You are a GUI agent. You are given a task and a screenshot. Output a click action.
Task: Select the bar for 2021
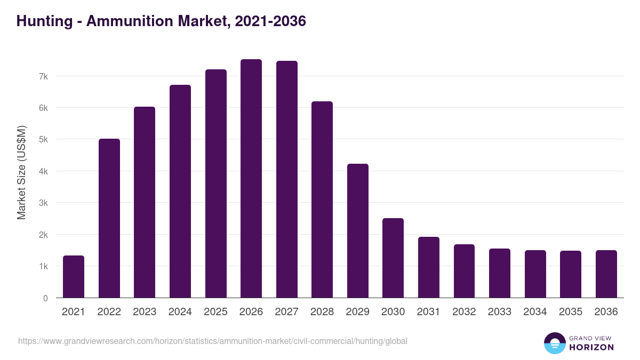(x=74, y=277)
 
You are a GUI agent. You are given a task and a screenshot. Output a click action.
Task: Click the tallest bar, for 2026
(x=251, y=179)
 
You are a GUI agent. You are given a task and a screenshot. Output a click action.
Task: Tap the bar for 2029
(x=357, y=231)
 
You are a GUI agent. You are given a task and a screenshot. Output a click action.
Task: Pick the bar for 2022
(x=109, y=218)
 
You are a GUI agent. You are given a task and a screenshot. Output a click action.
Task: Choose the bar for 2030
(x=393, y=258)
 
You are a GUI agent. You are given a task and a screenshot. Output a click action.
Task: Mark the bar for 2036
(x=606, y=274)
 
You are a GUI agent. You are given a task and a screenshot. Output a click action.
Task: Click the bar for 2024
(x=180, y=191)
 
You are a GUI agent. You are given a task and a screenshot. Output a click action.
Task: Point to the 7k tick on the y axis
(x=43, y=76)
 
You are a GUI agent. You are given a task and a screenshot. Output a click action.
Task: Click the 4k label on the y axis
(x=43, y=171)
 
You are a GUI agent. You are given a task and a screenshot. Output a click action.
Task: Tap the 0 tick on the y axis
(x=45, y=298)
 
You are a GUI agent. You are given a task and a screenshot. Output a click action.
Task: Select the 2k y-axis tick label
(x=43, y=235)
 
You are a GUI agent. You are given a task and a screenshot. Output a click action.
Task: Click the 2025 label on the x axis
(x=215, y=312)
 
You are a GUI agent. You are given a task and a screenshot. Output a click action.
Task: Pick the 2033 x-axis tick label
(x=499, y=312)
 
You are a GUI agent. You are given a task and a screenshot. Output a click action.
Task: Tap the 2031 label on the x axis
(x=428, y=312)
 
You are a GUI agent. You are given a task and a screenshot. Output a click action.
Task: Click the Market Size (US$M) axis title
(x=21, y=172)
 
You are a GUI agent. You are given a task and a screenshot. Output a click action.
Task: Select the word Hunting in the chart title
(x=45, y=21)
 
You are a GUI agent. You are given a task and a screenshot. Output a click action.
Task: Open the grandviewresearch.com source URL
(x=213, y=341)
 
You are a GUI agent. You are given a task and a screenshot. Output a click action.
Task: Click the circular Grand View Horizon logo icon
(x=554, y=343)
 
